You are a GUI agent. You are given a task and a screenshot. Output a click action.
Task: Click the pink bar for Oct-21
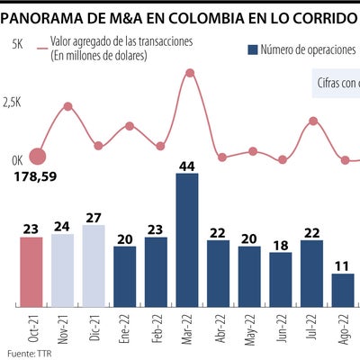[31, 270]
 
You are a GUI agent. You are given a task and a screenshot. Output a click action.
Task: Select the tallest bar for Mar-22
[187, 238]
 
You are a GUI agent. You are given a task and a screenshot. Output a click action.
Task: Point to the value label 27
[94, 217]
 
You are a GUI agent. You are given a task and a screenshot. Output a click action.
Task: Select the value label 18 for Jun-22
[281, 245]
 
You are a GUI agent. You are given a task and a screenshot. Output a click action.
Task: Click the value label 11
[343, 265]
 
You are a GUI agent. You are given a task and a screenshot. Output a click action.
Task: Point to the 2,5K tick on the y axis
[12, 103]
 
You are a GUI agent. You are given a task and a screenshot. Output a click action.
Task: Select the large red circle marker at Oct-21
[38, 157]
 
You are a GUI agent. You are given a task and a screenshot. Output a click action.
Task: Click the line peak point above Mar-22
[189, 72]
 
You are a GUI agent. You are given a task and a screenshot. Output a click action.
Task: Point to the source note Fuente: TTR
[27, 352]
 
